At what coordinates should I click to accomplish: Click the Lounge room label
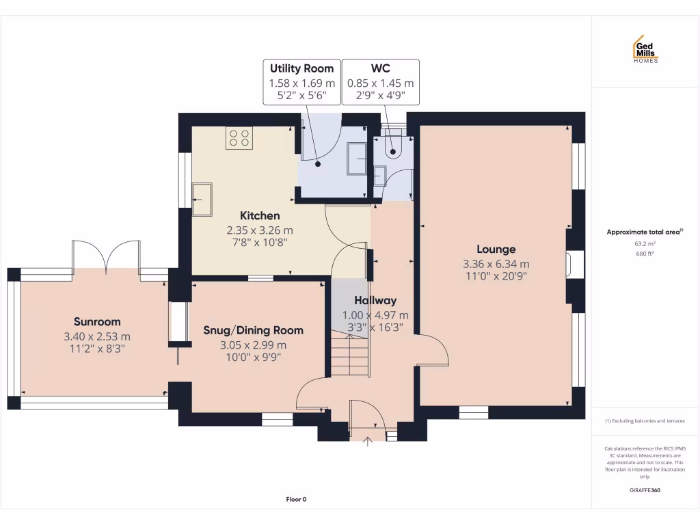click(496, 250)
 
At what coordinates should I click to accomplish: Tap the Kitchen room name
click(259, 216)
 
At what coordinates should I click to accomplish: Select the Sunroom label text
click(97, 321)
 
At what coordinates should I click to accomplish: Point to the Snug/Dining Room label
click(253, 330)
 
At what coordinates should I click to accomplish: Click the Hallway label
click(375, 300)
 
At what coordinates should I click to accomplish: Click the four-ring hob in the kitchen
click(239, 138)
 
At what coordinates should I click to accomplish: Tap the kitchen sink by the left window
click(202, 198)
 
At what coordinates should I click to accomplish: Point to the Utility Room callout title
click(301, 68)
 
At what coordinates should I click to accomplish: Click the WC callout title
click(380, 68)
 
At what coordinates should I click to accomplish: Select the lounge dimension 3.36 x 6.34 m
click(496, 264)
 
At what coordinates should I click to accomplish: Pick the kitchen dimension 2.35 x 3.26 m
click(259, 230)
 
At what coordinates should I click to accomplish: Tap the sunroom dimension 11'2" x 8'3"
click(97, 348)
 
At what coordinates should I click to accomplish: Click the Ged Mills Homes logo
click(645, 49)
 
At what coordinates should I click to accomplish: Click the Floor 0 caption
click(296, 500)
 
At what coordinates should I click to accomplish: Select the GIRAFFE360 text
click(645, 490)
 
